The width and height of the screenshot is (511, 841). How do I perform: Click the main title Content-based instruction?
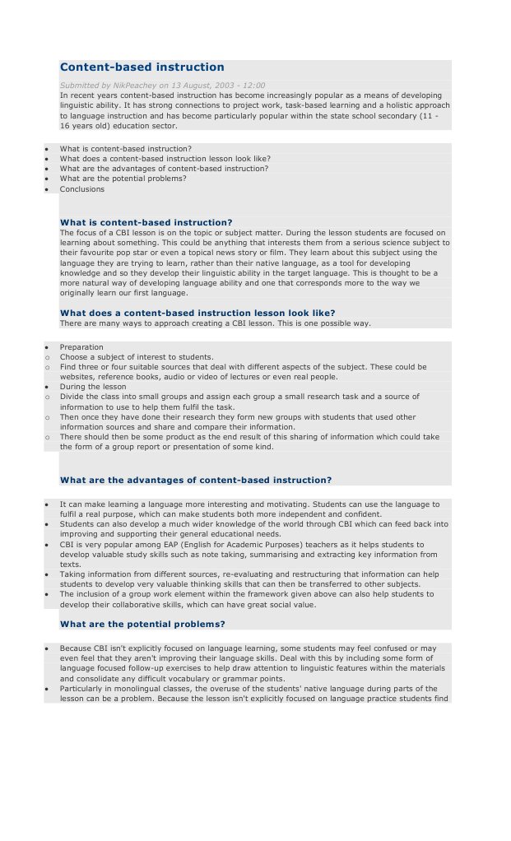click(142, 67)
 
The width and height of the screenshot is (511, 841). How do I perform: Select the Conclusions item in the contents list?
click(81, 189)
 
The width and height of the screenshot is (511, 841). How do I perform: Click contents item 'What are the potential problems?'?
click(123, 179)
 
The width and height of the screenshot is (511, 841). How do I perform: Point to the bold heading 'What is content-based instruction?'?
click(146, 222)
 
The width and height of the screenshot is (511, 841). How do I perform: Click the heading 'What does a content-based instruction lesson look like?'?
click(197, 313)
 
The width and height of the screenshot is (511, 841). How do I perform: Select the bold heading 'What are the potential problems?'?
click(142, 624)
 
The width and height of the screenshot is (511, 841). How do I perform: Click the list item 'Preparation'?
click(81, 347)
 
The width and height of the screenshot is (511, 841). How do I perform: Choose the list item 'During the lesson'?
click(93, 386)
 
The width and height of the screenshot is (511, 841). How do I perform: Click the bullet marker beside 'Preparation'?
click(48, 347)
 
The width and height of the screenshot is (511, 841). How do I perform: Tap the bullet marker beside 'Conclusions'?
click(48, 189)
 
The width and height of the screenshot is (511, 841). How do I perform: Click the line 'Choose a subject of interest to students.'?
click(137, 357)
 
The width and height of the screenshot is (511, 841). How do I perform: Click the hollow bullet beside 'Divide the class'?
click(48, 397)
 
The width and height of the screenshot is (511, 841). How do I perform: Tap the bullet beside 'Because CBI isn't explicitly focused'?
click(48, 648)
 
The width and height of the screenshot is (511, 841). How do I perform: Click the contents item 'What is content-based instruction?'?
click(125, 149)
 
